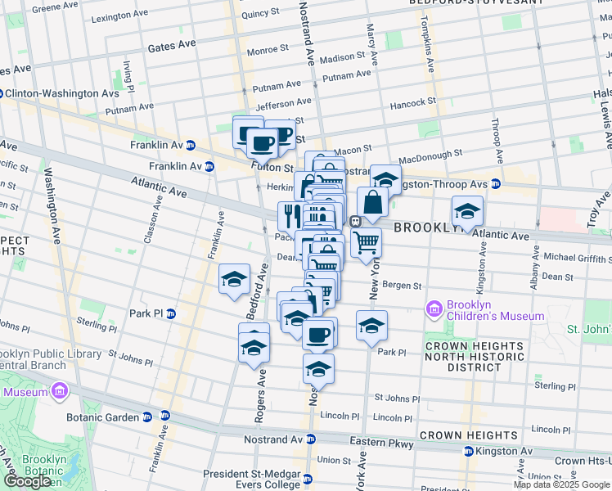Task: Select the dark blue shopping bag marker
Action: pos(372,202)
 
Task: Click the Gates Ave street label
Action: pos(172,48)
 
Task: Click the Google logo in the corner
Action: pos(27,481)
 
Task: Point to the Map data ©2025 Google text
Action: pos(560,484)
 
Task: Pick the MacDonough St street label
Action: pos(430,156)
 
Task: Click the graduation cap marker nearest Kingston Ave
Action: pos(467,212)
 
